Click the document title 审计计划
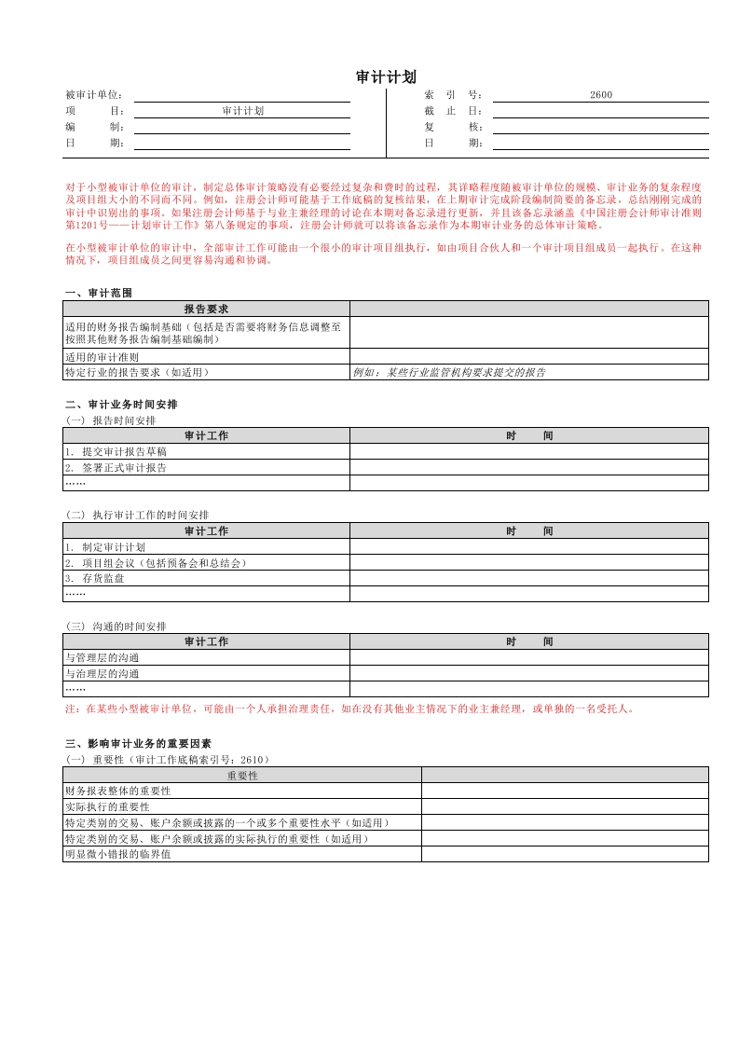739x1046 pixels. click(x=386, y=76)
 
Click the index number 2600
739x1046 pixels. click(x=601, y=95)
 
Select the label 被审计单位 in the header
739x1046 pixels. click(x=94, y=95)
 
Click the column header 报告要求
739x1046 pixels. click(x=206, y=309)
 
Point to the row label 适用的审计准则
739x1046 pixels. click(x=103, y=356)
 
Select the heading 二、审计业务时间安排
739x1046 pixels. click(x=121, y=405)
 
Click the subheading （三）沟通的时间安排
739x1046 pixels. click(x=116, y=626)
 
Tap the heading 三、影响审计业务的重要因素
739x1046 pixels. click(x=138, y=743)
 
